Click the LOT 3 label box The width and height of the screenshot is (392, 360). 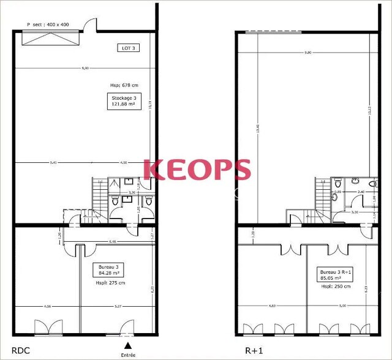(x=127, y=48)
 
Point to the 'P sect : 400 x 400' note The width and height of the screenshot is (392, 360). (x=49, y=25)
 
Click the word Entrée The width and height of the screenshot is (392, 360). (x=128, y=354)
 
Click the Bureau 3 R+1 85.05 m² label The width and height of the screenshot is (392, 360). (x=334, y=274)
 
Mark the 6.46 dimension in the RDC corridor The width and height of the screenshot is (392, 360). (x=113, y=242)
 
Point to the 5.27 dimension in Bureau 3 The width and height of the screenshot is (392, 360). (x=118, y=306)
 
